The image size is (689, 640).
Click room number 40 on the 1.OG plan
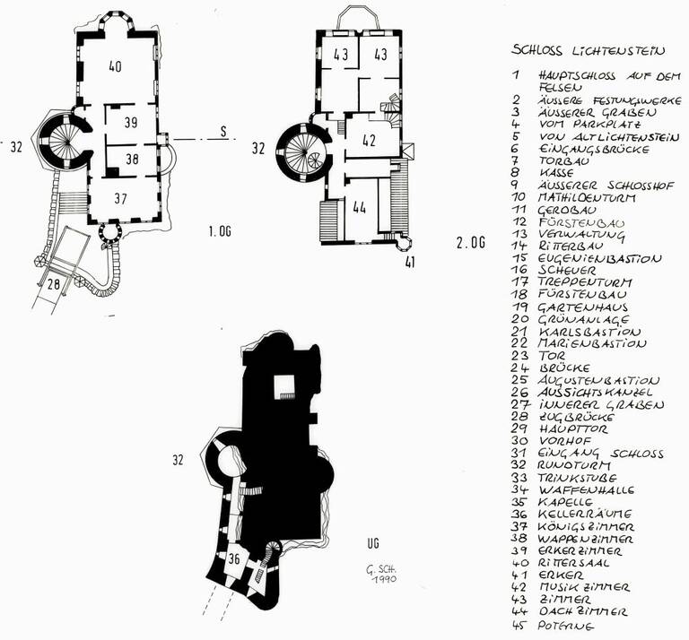pyautogui.click(x=115, y=66)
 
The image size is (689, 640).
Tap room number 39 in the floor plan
pyautogui.click(x=131, y=123)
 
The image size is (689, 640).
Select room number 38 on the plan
pyautogui.click(x=132, y=159)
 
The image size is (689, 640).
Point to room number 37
pyautogui.click(x=120, y=198)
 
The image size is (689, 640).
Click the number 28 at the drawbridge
pyautogui.click(x=53, y=284)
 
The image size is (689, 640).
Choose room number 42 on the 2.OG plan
pyautogui.click(x=369, y=141)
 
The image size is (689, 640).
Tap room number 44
pyautogui.click(x=359, y=208)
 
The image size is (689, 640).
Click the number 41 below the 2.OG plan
pyautogui.click(x=409, y=263)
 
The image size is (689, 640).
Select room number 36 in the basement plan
pyautogui.click(x=234, y=558)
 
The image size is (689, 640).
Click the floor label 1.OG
pyautogui.click(x=220, y=231)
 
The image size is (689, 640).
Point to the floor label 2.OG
pyautogui.click(x=471, y=242)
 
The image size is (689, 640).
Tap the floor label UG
pyautogui.click(x=373, y=543)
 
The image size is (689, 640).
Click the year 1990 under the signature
pyautogui.click(x=383, y=579)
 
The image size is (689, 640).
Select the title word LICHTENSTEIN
pyautogui.click(x=618, y=50)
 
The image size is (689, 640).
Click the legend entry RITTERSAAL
pyautogui.click(x=573, y=563)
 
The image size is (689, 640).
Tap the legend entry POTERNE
pyautogui.click(x=565, y=626)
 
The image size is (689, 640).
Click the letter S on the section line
pyautogui.click(x=224, y=132)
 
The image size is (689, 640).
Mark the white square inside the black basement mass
pyautogui.click(x=283, y=387)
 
